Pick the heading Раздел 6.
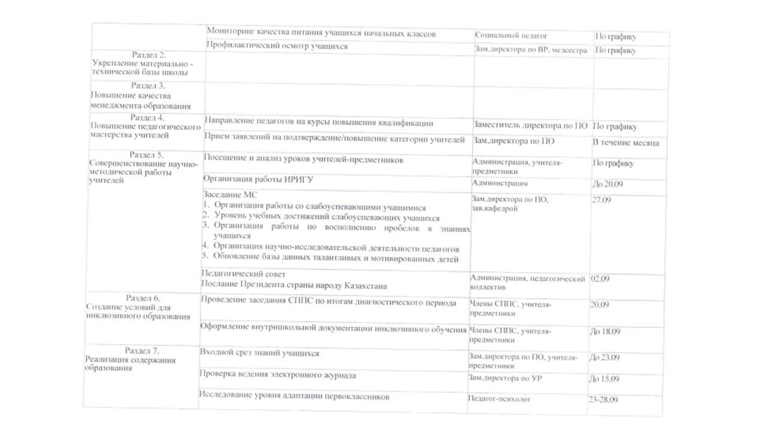pos(143,298)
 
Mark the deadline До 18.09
pos(604,331)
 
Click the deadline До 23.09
pos(603,358)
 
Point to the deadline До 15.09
pos(603,379)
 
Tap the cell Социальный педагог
pos(511,37)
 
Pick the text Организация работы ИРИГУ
pos(258,179)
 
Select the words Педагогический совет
pos(239,274)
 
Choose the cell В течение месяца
pos(626,143)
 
